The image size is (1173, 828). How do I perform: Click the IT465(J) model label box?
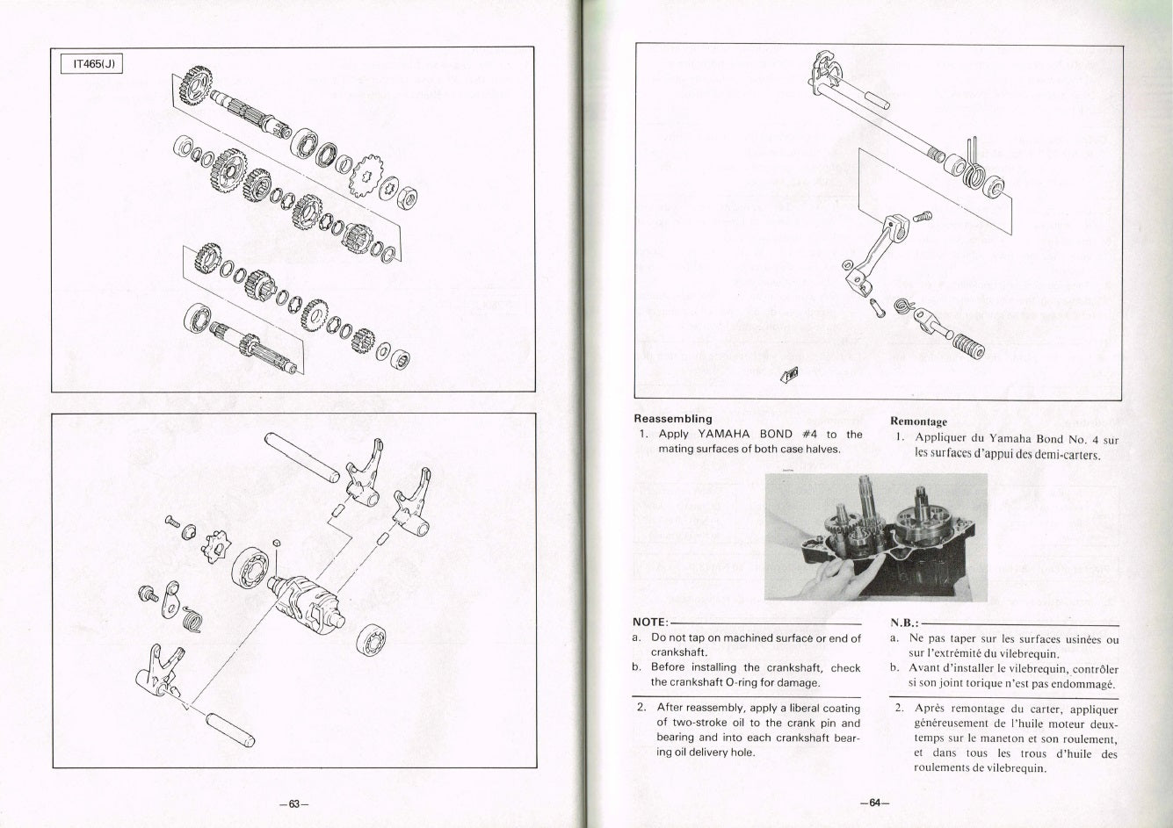click(92, 64)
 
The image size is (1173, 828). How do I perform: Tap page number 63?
click(293, 804)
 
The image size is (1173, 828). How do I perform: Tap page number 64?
click(874, 803)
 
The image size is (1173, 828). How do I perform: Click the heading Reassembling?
click(673, 419)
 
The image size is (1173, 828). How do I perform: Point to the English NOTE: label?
click(650, 623)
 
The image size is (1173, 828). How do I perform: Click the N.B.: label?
click(904, 623)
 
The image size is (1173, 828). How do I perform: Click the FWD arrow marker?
click(790, 374)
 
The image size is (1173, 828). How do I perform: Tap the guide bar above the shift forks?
click(302, 457)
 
